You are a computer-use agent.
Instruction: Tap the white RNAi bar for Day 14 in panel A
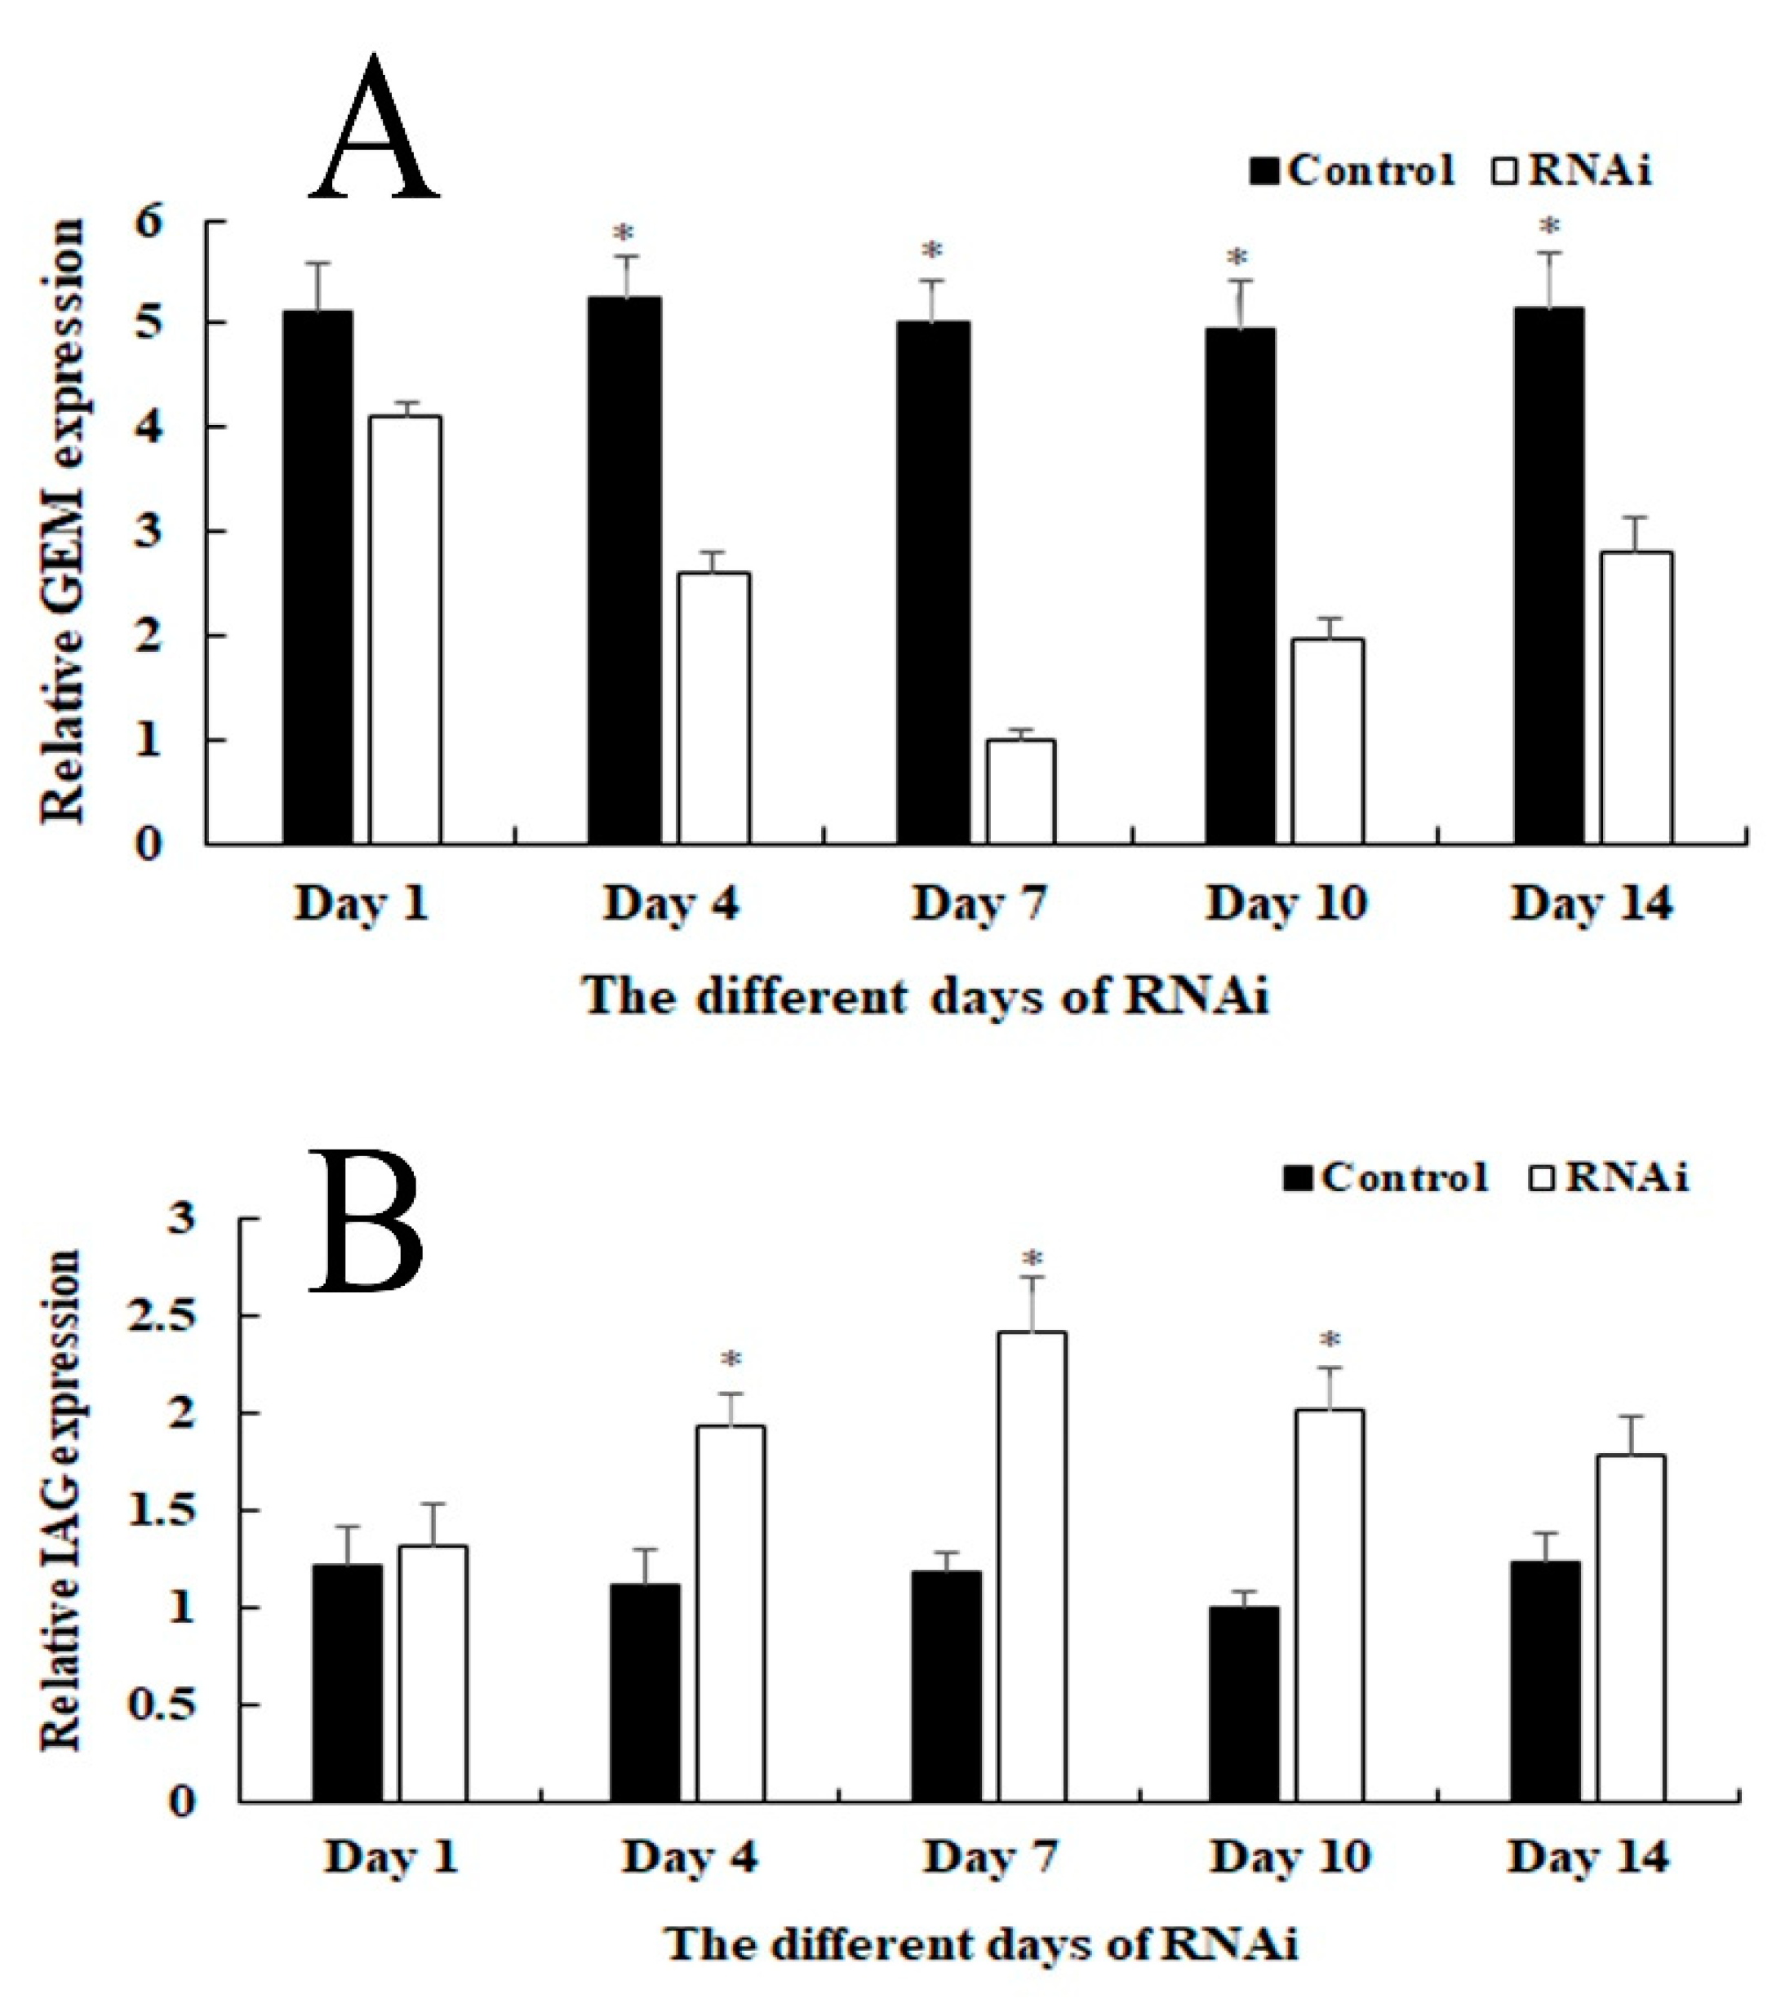coord(1637,697)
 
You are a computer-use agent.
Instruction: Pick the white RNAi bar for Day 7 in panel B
coord(1032,1568)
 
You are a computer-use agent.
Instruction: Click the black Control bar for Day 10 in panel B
coord(1244,1704)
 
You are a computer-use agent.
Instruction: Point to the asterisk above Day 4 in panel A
coord(624,235)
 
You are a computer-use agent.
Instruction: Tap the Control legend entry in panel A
coord(1353,171)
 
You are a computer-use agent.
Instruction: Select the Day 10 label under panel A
coord(1286,902)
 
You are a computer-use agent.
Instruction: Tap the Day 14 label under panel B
coord(1588,1856)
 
